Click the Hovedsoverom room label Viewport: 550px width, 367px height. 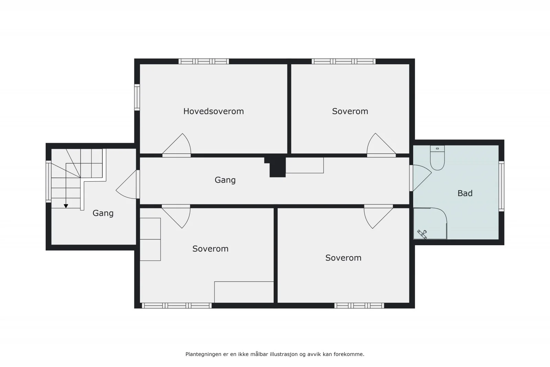click(213, 111)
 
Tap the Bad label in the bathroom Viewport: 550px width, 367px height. click(465, 193)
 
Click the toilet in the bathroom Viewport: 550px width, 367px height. click(437, 158)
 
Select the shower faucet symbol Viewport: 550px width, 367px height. click(422, 234)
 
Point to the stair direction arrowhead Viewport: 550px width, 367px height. click(66, 206)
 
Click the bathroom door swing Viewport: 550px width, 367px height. click(420, 178)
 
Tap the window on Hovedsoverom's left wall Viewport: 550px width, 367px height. click(137, 97)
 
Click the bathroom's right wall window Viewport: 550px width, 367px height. click(502, 186)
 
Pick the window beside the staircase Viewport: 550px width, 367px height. click(48, 182)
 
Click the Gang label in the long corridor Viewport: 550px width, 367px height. click(225, 180)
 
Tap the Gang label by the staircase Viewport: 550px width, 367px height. click(103, 213)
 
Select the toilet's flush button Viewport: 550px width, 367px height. click(437, 149)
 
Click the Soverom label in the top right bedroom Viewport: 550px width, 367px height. click(350, 111)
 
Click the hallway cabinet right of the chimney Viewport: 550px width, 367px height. click(305, 165)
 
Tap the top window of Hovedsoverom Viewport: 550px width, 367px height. click(203, 62)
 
